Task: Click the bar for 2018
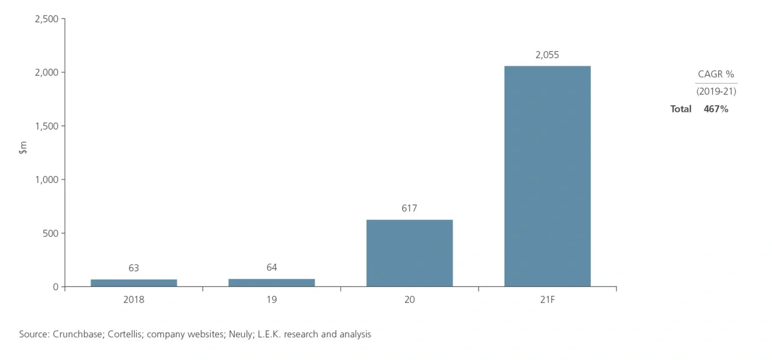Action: pos(134,283)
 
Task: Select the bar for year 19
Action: pos(271,283)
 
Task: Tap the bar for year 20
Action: pos(409,253)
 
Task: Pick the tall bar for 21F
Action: pos(547,176)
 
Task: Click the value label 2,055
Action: pos(547,55)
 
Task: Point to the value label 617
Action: pos(409,209)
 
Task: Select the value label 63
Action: pos(134,268)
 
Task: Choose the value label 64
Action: pos(271,267)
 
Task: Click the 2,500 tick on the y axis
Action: pos(46,19)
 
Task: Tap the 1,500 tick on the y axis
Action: pos(46,126)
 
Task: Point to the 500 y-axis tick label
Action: pos(51,233)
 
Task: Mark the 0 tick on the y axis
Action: pos(55,287)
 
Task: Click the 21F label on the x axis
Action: pos(547,300)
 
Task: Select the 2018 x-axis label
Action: pos(134,300)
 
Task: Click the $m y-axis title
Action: pos(23,148)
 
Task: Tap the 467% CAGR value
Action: pos(716,109)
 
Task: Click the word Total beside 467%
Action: pos(681,109)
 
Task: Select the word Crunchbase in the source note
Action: pos(79,334)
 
